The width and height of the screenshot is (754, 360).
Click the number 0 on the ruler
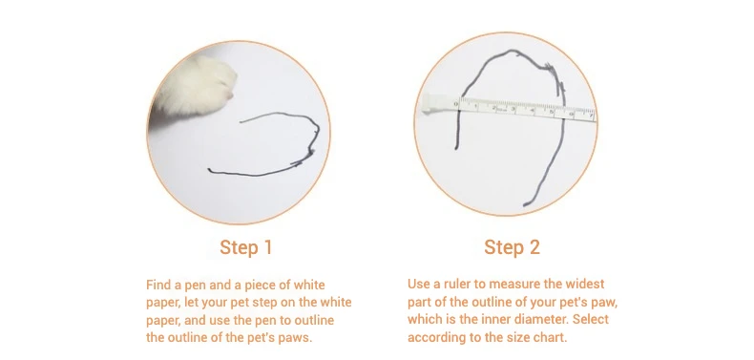[456, 104]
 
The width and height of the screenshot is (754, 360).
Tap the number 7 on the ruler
[591, 115]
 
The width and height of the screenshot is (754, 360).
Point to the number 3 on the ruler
[513, 110]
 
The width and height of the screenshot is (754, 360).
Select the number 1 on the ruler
[475, 105]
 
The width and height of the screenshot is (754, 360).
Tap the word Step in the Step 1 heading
[238, 248]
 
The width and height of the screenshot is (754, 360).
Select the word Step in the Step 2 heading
[502, 248]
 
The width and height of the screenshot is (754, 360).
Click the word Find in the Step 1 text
[158, 285]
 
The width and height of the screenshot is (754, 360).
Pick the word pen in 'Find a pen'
[192, 286]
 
